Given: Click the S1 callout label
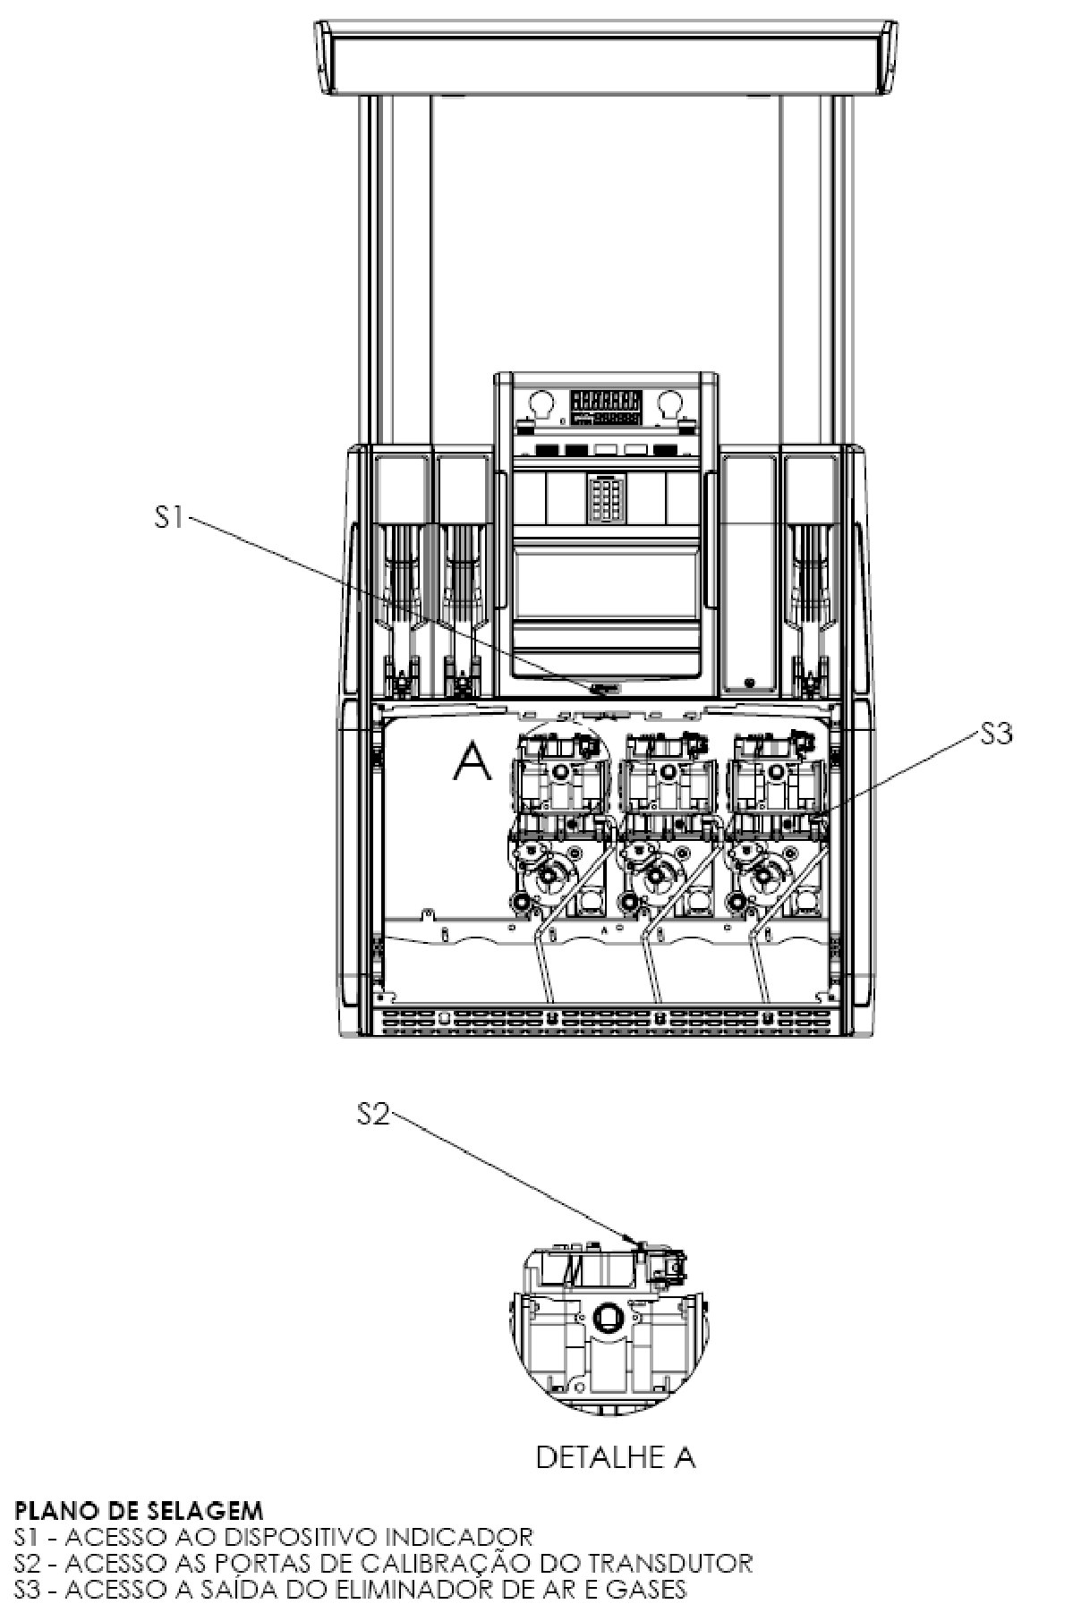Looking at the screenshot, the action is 169,516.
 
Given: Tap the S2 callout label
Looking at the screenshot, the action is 373,1115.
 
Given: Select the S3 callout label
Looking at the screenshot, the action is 995,734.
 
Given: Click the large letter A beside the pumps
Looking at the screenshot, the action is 473,760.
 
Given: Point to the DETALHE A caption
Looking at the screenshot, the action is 616,1457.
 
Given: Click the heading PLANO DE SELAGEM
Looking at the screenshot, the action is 139,1511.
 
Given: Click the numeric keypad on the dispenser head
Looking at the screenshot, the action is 606,497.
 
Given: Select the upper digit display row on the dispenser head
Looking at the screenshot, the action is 606,400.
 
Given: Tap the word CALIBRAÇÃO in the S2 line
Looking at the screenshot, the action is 464,1563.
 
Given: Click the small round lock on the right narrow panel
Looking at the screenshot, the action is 749,683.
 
